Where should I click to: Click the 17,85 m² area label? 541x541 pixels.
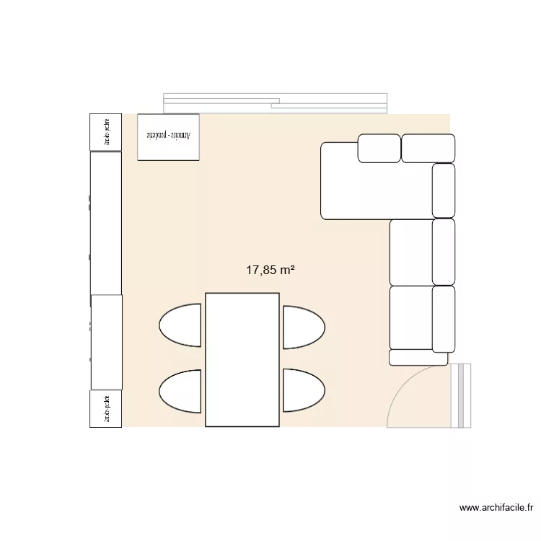(x=270, y=270)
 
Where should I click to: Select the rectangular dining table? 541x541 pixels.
(x=242, y=359)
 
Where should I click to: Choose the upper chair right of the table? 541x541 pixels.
(x=302, y=327)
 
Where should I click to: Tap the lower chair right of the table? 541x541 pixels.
(x=302, y=390)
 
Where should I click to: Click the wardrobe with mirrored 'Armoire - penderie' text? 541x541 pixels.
(x=167, y=136)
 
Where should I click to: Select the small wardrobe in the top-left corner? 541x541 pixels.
(x=105, y=132)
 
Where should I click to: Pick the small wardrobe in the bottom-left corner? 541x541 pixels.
(x=105, y=409)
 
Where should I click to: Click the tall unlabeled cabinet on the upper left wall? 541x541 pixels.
(x=105, y=222)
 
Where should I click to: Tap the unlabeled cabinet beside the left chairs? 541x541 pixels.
(x=105, y=343)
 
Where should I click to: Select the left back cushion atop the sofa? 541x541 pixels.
(x=379, y=148)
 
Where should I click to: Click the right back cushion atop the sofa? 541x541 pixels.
(x=428, y=148)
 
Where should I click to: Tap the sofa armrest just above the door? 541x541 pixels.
(x=418, y=357)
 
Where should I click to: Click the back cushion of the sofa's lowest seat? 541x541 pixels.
(x=443, y=318)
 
